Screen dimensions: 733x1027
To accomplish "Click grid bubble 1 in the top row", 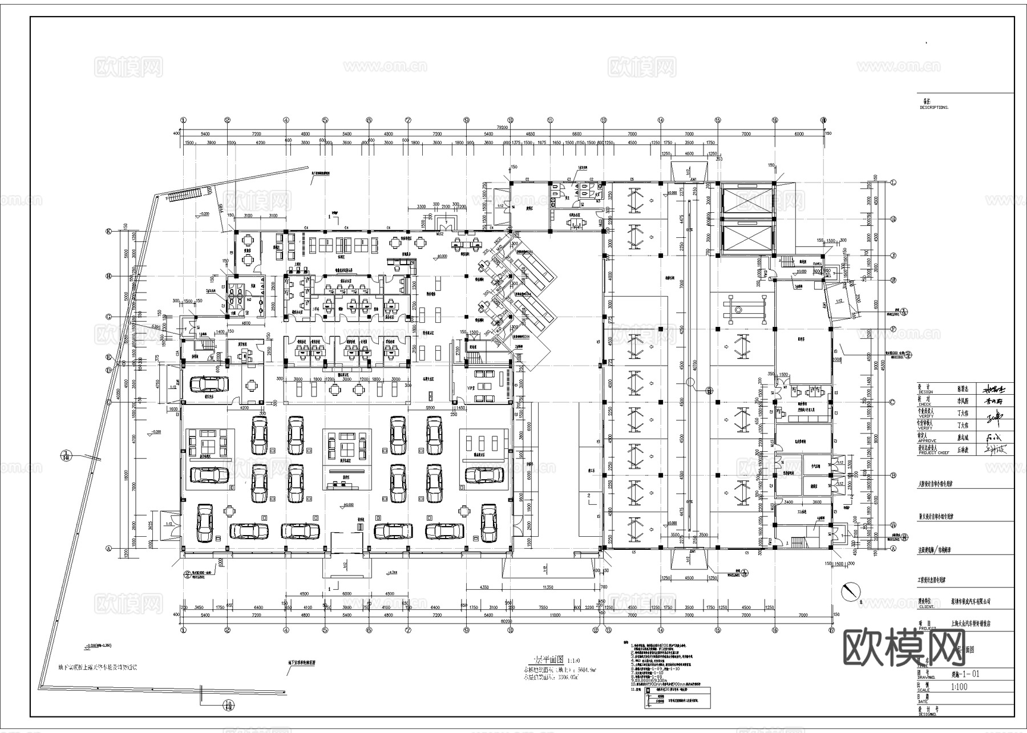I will (x=183, y=120).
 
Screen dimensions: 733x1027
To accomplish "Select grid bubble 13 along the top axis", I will (x=603, y=120).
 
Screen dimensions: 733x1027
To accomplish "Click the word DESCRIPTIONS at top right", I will (x=934, y=107).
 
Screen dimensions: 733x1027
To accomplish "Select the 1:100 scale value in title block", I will (x=959, y=687).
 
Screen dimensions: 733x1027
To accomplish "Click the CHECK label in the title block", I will (x=924, y=404).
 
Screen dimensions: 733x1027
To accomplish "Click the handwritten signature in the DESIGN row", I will (x=996, y=390).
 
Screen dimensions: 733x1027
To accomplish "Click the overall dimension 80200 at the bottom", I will (x=506, y=621).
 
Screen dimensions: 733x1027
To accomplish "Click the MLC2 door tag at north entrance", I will (x=440, y=233).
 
